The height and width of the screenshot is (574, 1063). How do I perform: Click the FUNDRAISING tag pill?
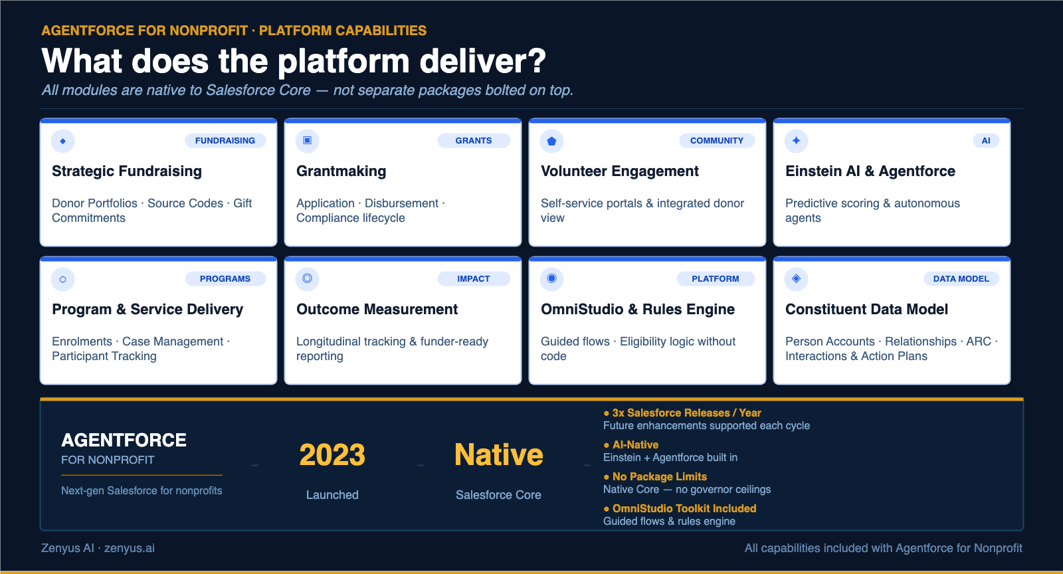(x=225, y=141)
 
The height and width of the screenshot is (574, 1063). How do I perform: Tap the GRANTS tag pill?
(x=474, y=141)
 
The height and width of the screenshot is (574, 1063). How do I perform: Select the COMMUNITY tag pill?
(x=717, y=141)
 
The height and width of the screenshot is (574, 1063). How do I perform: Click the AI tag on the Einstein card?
(x=986, y=141)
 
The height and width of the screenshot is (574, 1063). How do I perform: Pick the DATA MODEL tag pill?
(x=961, y=279)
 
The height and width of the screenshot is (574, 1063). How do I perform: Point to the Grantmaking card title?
(x=341, y=171)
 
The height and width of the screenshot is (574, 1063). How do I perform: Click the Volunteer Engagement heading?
(x=619, y=171)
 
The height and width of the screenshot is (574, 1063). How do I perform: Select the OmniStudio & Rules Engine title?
(x=637, y=310)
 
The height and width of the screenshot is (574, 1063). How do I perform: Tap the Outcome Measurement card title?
(x=377, y=310)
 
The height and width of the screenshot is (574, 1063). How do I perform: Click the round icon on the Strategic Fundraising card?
(x=63, y=141)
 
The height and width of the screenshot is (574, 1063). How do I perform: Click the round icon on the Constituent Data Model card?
(x=796, y=279)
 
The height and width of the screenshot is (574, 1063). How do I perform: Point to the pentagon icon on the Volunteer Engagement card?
(x=551, y=141)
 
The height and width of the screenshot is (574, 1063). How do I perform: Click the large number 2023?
(x=332, y=456)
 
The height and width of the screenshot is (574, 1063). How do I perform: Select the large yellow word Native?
(x=498, y=456)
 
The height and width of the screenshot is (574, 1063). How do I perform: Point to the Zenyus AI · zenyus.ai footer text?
(x=98, y=548)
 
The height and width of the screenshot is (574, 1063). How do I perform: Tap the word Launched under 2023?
(x=332, y=495)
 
